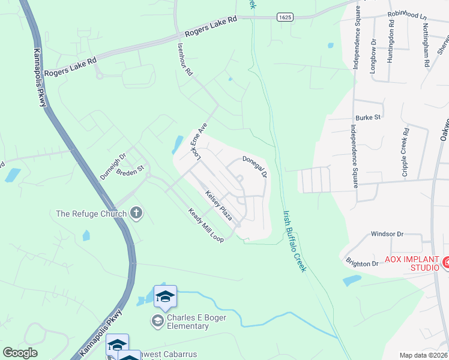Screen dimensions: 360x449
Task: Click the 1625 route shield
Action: click(x=285, y=17)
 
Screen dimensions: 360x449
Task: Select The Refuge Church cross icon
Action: click(x=136, y=213)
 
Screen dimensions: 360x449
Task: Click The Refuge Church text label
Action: click(x=91, y=214)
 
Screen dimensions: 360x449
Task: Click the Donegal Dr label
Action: click(x=255, y=167)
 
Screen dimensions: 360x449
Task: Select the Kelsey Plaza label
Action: click(x=218, y=205)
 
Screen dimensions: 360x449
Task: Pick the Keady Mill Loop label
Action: click(x=206, y=226)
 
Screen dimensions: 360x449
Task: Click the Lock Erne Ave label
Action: click(x=198, y=143)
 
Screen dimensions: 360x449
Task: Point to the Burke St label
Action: click(x=368, y=118)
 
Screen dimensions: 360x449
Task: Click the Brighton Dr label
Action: click(x=362, y=263)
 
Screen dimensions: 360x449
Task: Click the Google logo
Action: click(x=20, y=353)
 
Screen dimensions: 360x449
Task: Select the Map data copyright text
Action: click(x=424, y=355)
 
